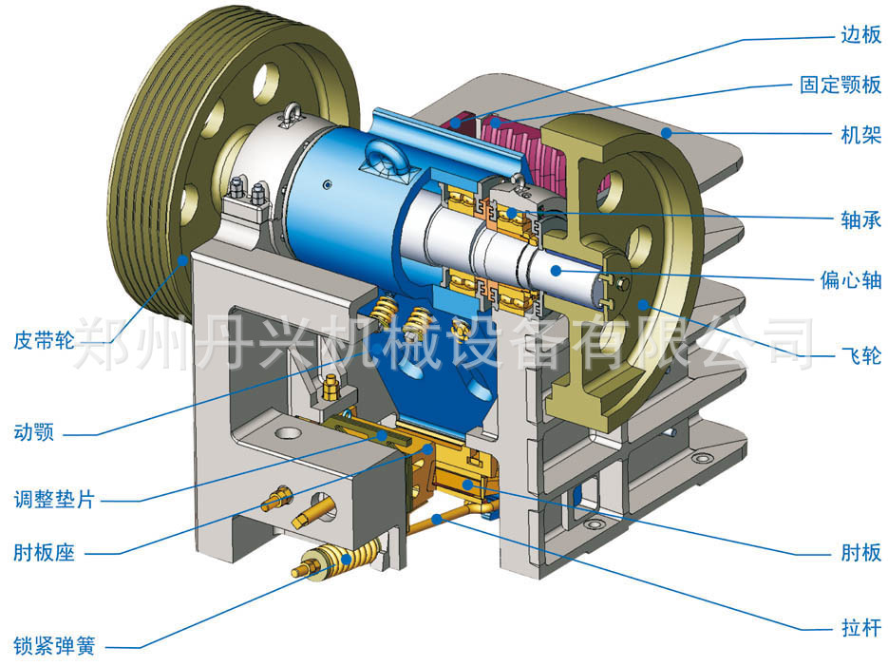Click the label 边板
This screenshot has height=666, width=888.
point(860,34)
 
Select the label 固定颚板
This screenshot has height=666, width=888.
point(841,85)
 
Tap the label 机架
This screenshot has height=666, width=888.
point(860,135)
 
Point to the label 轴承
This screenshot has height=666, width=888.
point(860,219)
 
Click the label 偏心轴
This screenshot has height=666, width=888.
point(851,279)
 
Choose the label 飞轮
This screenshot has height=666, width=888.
point(860,355)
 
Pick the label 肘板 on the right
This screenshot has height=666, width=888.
point(860,552)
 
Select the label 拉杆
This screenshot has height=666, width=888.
point(860,627)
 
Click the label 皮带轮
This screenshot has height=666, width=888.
point(45,340)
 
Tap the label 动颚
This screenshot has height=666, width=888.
point(34,432)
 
